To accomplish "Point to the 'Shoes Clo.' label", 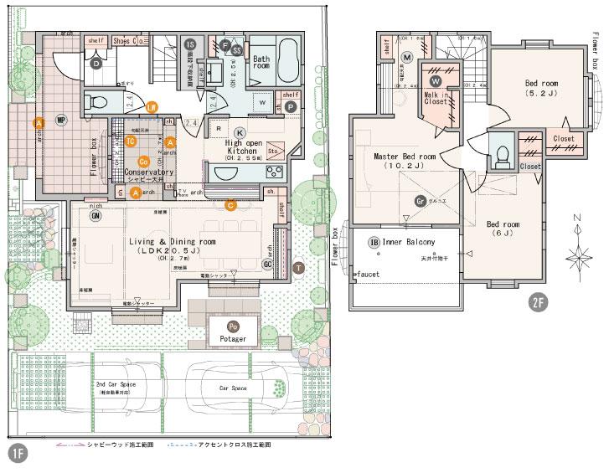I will tap(126, 39).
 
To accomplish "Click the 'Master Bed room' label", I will tap(405, 157).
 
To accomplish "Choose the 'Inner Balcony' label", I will tap(409, 243).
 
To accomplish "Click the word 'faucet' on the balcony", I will tap(368, 275).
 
